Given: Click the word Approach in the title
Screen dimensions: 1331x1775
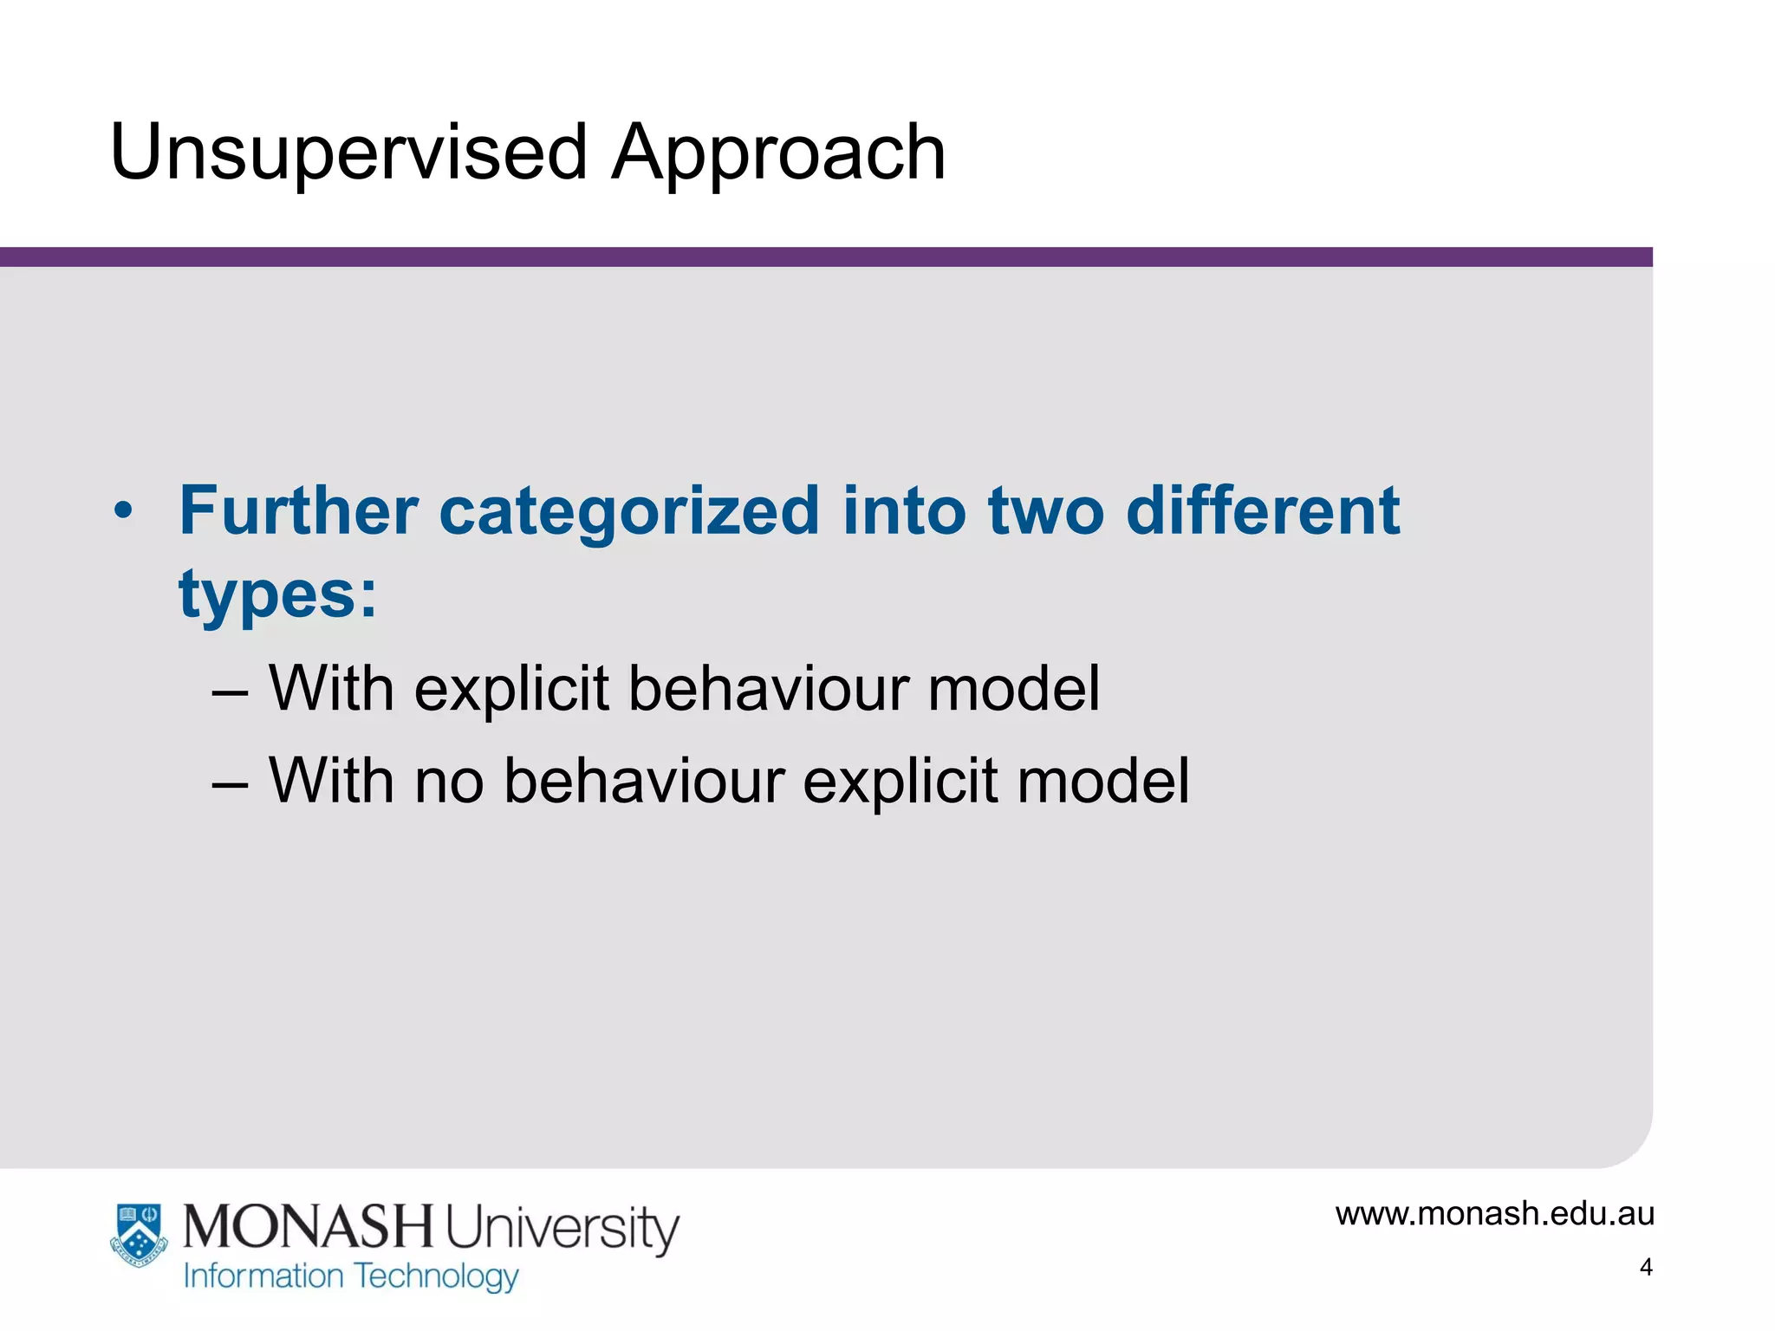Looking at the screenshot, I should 777,153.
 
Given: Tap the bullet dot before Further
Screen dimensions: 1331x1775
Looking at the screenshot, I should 123,511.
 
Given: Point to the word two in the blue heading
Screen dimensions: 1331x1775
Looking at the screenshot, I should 1045,511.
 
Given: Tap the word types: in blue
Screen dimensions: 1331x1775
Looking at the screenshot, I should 278,596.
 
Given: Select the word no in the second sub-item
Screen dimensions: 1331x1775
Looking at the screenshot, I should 448,782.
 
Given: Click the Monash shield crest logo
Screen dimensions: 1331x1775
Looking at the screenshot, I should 139,1235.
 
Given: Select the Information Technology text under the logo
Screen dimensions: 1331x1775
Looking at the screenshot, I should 351,1276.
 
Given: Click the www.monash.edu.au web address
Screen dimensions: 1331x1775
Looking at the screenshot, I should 1494,1214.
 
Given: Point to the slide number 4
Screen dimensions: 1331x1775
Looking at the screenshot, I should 1646,1268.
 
